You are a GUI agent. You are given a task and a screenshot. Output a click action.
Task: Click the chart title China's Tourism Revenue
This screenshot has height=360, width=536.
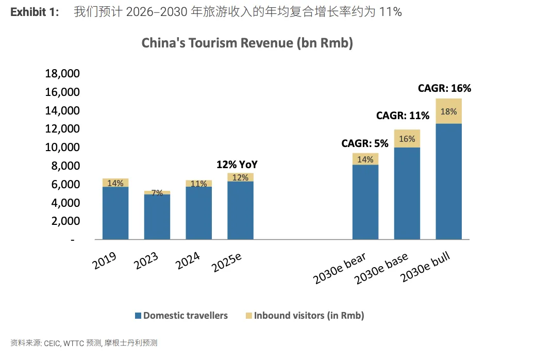247,43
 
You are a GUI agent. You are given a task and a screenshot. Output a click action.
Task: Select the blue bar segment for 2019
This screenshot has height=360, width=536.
115,212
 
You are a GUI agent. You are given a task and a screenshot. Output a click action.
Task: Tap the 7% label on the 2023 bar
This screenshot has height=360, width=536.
157,193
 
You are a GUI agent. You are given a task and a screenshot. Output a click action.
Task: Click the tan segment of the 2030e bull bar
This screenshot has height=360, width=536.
448,111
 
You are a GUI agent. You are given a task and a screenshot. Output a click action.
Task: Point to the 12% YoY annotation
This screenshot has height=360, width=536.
237,165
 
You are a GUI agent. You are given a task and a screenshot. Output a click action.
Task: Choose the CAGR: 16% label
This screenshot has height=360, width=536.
444,88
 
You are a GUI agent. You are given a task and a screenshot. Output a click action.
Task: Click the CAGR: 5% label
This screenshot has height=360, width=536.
364,143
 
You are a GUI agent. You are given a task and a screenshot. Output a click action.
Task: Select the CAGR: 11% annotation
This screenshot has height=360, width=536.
403,116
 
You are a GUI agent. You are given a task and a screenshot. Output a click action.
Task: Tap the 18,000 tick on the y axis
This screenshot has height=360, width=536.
62,74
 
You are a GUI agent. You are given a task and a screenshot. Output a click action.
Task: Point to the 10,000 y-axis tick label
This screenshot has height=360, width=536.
62,148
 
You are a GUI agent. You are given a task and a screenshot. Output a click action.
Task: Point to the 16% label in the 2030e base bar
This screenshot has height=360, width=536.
407,139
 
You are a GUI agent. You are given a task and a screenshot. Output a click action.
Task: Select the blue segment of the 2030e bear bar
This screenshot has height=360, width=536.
365,202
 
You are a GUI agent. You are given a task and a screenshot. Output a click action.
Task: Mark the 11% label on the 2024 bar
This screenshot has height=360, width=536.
198,183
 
